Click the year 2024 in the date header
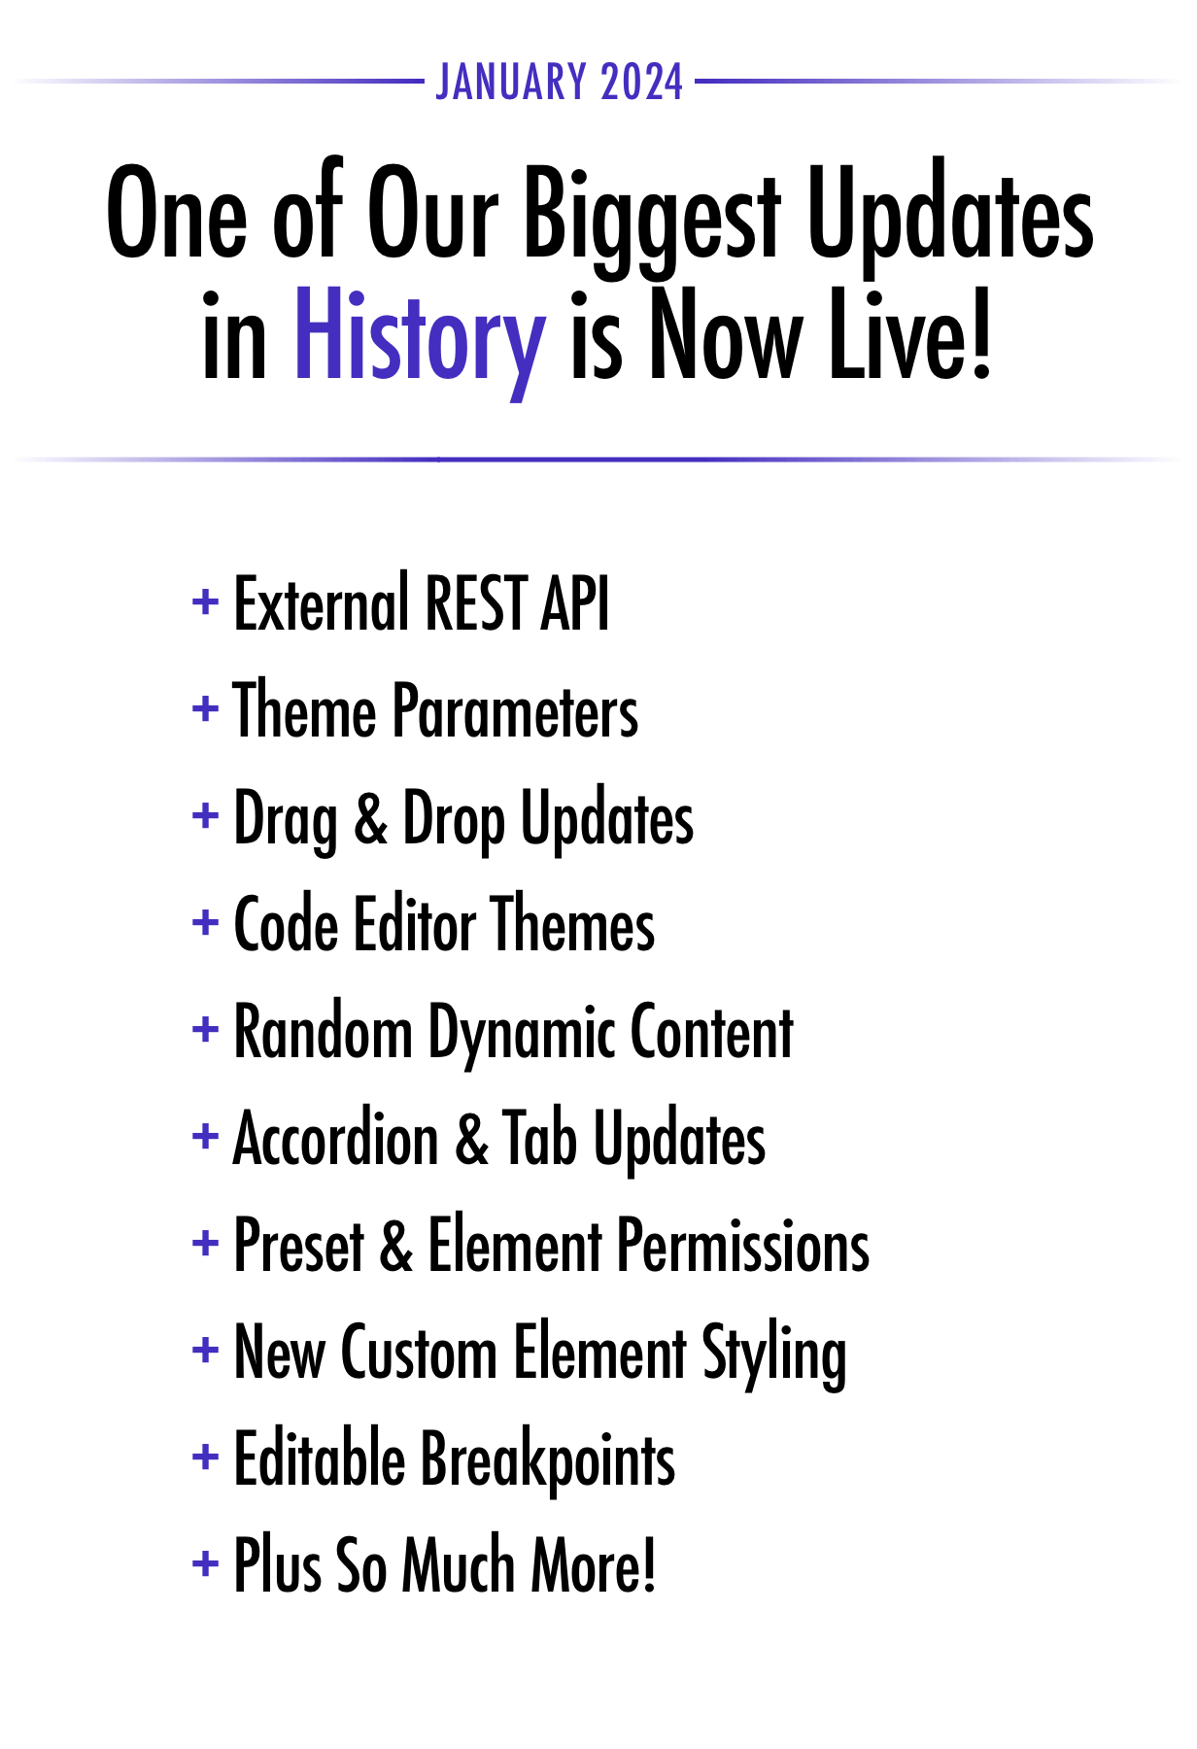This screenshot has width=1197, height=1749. coord(641,83)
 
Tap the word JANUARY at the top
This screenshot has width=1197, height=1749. coord(511,83)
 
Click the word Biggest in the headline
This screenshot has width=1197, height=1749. coord(652,216)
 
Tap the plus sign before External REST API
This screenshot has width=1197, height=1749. coord(205,602)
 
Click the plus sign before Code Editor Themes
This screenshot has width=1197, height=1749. coord(205,922)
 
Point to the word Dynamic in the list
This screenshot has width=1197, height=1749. coord(521,1036)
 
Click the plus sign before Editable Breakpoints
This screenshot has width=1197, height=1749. coord(205,1457)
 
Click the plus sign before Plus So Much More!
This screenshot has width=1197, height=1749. coord(205,1563)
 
